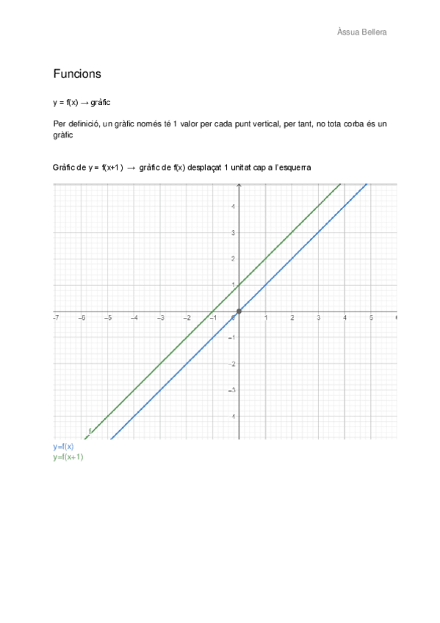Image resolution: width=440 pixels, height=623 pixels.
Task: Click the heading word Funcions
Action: (77, 74)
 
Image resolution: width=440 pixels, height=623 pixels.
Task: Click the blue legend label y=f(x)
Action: (63, 447)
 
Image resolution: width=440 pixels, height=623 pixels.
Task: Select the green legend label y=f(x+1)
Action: (68, 457)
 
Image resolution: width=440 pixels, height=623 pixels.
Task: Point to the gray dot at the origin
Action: (239, 312)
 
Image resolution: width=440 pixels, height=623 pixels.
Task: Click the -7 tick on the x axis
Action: (56, 318)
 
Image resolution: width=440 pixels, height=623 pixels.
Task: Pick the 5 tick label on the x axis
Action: (371, 318)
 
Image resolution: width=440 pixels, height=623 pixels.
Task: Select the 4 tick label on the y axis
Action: (233, 206)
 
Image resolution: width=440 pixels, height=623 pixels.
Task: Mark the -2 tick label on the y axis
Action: (231, 364)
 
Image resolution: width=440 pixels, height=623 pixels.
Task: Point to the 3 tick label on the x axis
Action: (319, 318)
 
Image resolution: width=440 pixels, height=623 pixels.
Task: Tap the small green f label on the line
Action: (90, 431)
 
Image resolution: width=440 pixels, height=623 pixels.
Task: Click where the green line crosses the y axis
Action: (239, 286)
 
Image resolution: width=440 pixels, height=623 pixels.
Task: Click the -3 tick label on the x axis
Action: (159, 318)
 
